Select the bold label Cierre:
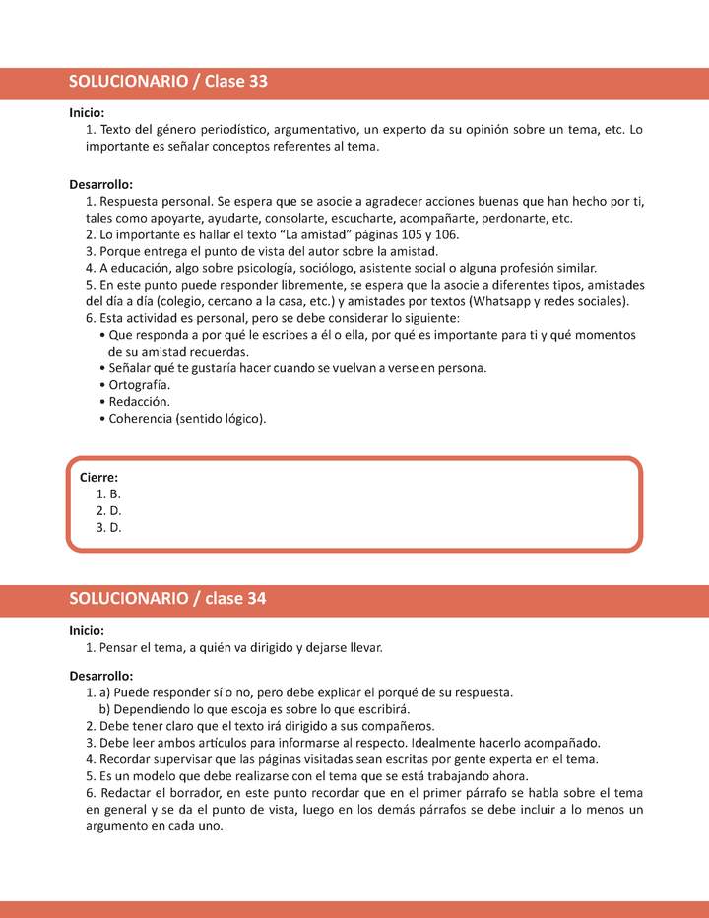coord(98,477)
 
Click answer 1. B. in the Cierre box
coord(108,493)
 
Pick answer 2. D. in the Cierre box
coord(108,510)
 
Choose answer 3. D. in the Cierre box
coord(108,527)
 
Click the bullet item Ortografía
coord(140,385)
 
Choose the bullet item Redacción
coord(139,402)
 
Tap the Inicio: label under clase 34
coord(87,630)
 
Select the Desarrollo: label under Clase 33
coord(100,184)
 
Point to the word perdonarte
coord(515,218)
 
